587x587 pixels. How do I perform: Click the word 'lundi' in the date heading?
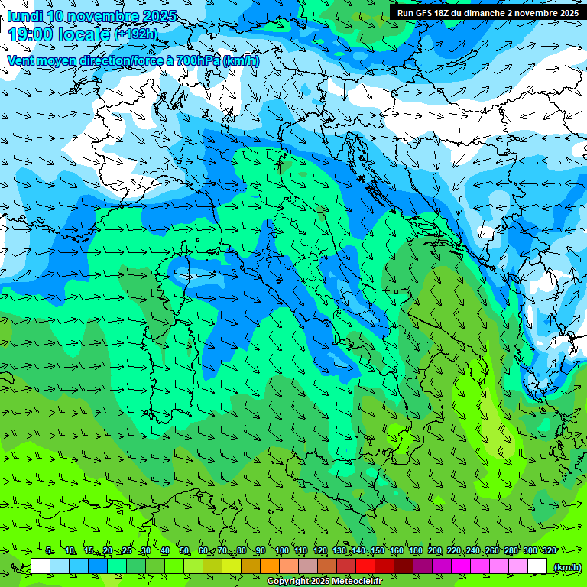(x=24, y=16)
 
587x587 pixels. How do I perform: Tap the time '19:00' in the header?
(x=32, y=34)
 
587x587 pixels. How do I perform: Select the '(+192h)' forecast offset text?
(x=136, y=34)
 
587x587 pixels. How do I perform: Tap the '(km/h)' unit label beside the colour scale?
(x=566, y=567)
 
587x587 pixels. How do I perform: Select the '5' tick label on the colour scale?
(x=49, y=551)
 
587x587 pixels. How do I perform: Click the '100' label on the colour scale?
(x=281, y=551)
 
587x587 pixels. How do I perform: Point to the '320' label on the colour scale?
(x=549, y=551)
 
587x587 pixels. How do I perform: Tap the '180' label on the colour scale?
(x=415, y=551)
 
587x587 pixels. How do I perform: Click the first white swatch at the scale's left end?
(x=41, y=566)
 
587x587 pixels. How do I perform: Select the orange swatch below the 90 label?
(x=270, y=566)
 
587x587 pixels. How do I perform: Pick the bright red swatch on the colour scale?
(x=365, y=566)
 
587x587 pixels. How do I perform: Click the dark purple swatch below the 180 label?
(x=423, y=566)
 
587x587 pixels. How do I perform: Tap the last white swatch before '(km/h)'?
(x=537, y=566)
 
